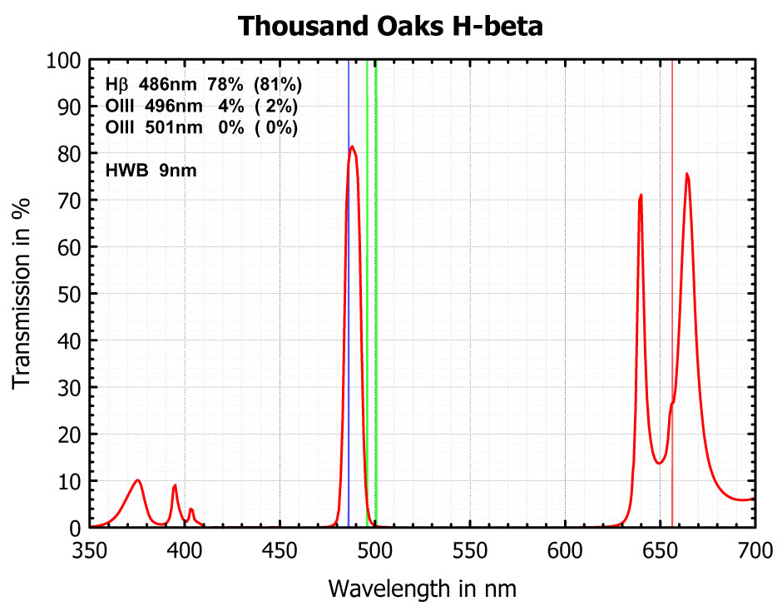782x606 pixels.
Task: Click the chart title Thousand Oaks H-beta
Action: [390, 26]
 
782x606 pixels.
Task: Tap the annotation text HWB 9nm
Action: [151, 171]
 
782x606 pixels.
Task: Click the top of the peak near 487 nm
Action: [353, 147]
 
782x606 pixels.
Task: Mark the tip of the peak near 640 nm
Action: [641, 195]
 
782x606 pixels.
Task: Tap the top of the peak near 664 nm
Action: [686, 174]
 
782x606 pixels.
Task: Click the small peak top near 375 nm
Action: [138, 480]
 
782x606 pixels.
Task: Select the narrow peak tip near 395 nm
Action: [175, 485]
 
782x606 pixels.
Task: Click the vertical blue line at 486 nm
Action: [349, 333]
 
